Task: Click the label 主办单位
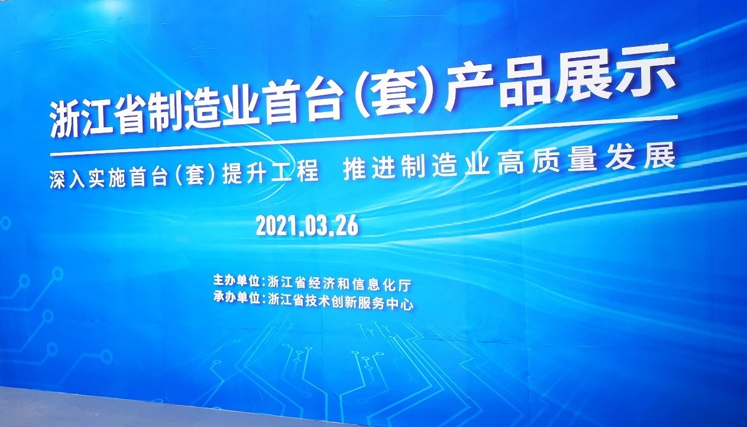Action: (236, 281)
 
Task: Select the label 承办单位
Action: (236, 297)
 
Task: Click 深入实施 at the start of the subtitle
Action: (88, 179)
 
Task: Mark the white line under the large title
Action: (364, 136)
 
